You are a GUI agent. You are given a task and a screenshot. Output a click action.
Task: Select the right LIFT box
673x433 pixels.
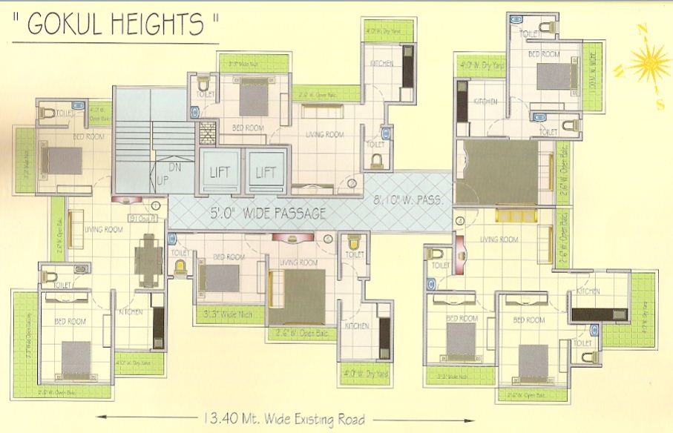point(266,172)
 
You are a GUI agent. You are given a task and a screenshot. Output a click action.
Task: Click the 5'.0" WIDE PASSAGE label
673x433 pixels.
point(267,214)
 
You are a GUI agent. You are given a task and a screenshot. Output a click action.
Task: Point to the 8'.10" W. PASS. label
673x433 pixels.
point(407,199)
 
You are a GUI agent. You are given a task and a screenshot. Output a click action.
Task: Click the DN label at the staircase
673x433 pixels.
point(175,167)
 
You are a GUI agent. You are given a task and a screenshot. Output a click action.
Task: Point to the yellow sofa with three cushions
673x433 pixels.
point(511,216)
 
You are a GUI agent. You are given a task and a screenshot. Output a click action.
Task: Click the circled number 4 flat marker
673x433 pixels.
point(460,221)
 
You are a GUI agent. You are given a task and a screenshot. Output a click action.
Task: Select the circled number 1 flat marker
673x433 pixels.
point(156,205)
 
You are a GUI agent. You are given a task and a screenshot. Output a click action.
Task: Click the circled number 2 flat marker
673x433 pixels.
point(351,182)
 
